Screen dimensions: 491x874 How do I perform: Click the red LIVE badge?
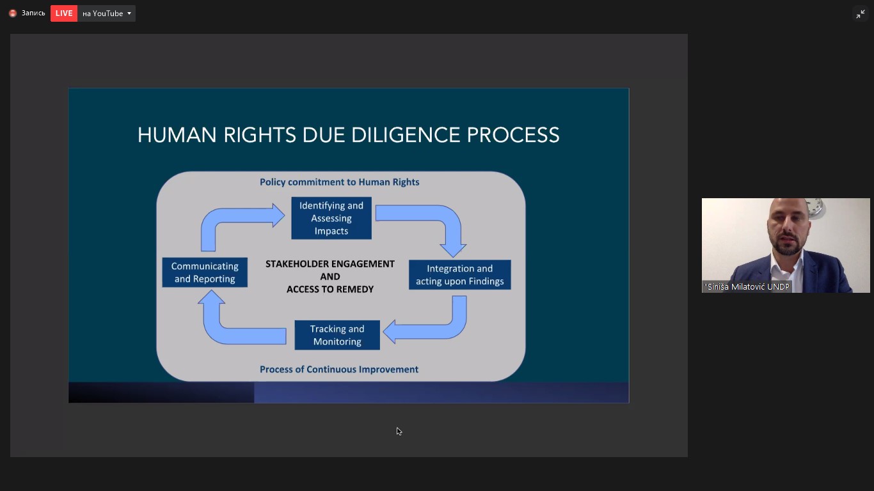click(x=64, y=13)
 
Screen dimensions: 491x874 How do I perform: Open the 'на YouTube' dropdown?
click(x=106, y=13)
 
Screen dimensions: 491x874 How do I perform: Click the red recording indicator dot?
click(x=12, y=13)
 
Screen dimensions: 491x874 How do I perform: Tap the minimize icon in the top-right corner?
click(x=861, y=14)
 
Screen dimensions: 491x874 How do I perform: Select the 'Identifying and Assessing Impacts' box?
click(x=331, y=218)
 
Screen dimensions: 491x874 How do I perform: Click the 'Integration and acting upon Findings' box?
click(x=459, y=275)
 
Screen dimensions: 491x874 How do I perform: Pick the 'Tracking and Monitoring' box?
click(x=337, y=335)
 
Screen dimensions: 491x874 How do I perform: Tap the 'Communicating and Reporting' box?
click(x=205, y=272)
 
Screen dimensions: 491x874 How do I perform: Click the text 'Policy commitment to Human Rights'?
click(x=339, y=182)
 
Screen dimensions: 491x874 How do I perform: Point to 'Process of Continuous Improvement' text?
click(x=339, y=370)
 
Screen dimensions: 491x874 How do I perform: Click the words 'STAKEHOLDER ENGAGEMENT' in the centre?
click(x=330, y=264)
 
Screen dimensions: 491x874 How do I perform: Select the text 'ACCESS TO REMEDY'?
click(x=330, y=290)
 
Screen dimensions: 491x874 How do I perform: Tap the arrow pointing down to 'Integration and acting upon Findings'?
click(x=441, y=221)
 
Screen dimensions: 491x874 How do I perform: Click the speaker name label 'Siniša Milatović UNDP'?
click(x=747, y=287)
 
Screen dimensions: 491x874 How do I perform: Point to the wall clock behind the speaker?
click(x=814, y=207)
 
